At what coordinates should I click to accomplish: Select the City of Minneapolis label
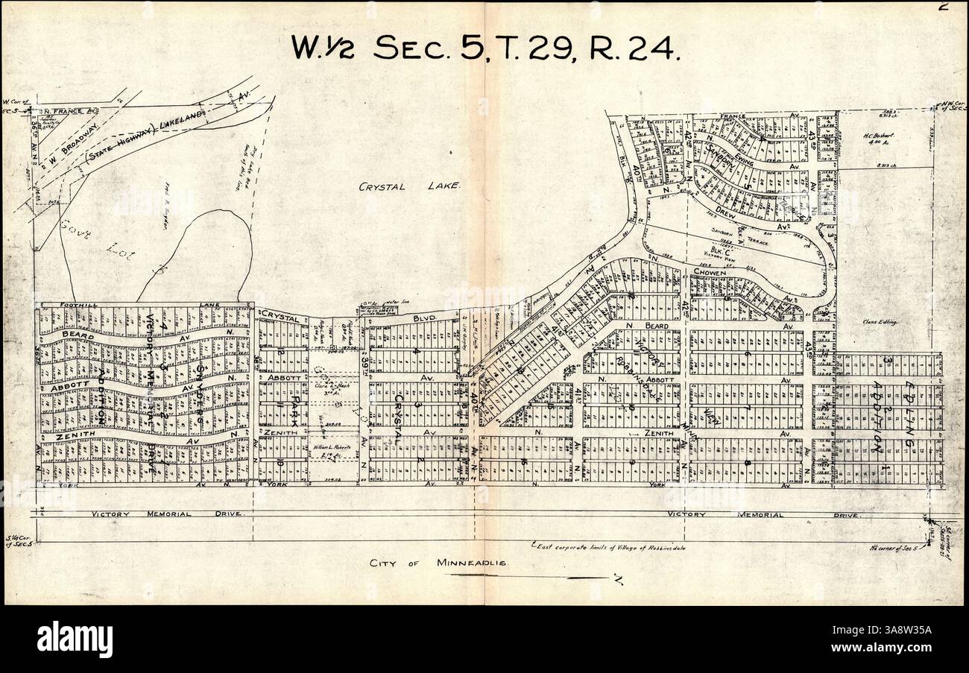[x=438, y=563]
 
